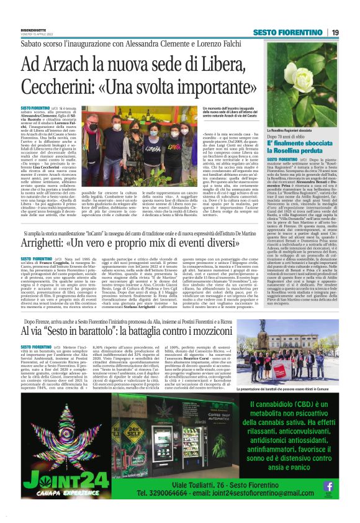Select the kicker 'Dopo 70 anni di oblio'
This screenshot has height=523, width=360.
coord(286,137)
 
